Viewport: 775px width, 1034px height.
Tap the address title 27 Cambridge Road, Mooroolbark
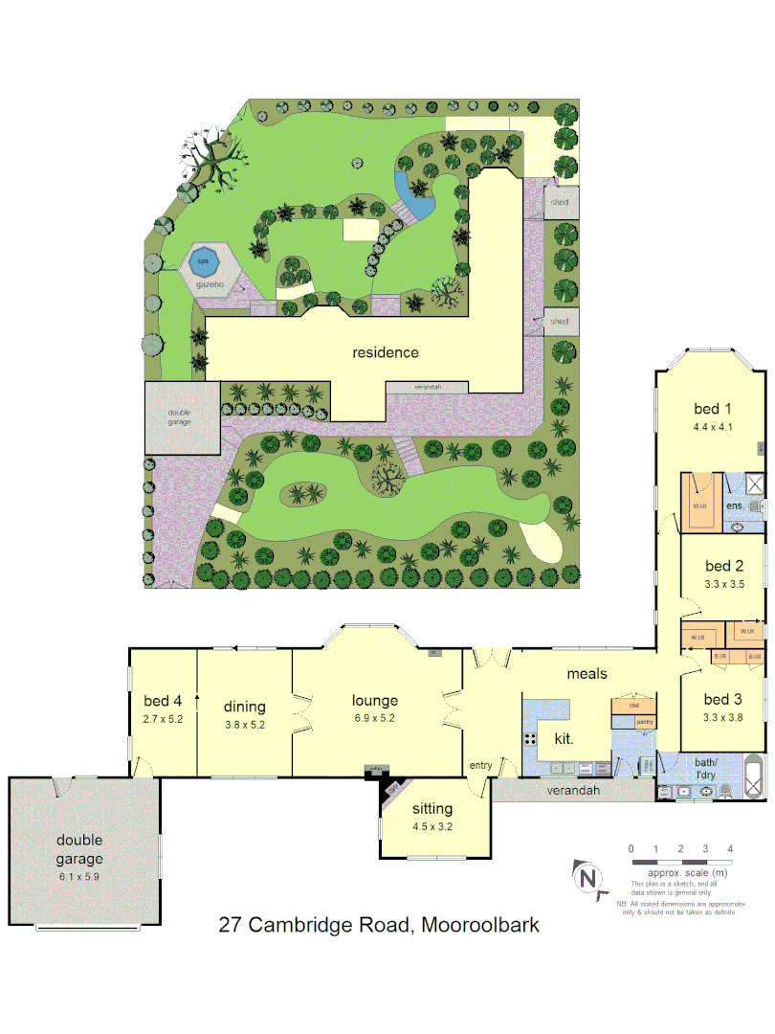pyautogui.click(x=379, y=926)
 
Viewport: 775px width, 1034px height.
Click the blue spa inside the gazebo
pyautogui.click(x=203, y=260)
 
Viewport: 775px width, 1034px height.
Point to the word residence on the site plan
pyautogui.click(x=386, y=352)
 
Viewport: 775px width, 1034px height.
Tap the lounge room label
pyautogui.click(x=374, y=701)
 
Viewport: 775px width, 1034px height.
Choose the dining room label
pyautogui.click(x=245, y=707)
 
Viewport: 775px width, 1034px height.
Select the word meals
pyautogui.click(x=587, y=673)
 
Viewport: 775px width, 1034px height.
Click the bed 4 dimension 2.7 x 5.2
pyautogui.click(x=163, y=718)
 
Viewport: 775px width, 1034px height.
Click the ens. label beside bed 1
pyautogui.click(x=735, y=505)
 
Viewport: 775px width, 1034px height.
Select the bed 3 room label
pyautogui.click(x=723, y=699)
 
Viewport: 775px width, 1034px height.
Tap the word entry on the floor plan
pyautogui.click(x=479, y=765)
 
